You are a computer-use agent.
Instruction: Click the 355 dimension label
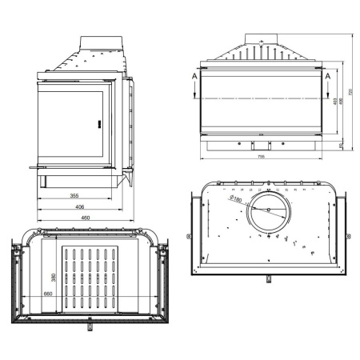pos(73,195)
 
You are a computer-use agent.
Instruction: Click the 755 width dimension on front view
pos(262,158)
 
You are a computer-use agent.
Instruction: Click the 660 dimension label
pos(47,294)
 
